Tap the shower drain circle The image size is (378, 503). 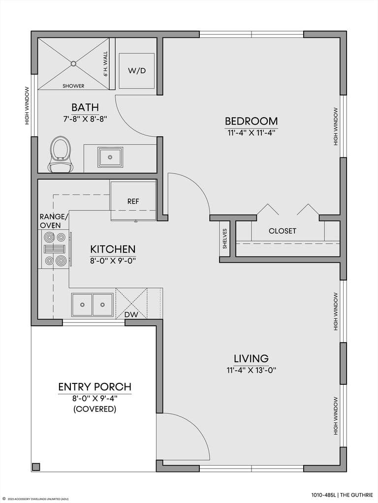point(73,63)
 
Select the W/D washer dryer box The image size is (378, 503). point(137,70)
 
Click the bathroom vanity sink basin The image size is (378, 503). point(110,157)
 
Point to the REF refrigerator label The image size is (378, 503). point(133,201)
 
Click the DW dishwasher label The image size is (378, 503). point(131,314)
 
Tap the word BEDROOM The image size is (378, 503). point(251,121)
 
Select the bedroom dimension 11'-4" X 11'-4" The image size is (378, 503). point(251,133)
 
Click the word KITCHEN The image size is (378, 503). point(113,249)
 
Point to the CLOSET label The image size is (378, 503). point(283,231)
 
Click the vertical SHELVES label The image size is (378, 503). point(224,239)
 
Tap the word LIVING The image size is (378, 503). point(251,358)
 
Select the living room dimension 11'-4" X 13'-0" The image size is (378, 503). point(251,370)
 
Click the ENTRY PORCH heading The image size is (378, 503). point(94,387)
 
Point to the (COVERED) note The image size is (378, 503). point(94,409)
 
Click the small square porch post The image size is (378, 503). point(36,467)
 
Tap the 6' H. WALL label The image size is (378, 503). point(105,64)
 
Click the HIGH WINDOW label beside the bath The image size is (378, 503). point(27,106)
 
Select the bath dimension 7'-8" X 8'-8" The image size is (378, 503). point(85,119)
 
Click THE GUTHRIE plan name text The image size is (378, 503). point(356,495)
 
